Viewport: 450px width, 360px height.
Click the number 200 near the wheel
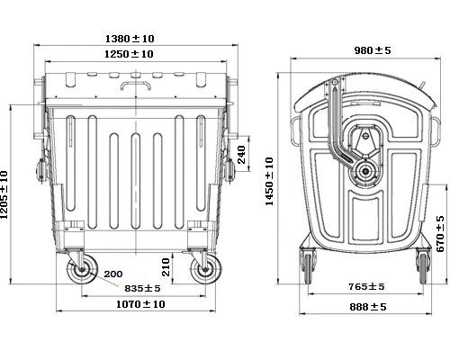pyautogui.click(x=113, y=274)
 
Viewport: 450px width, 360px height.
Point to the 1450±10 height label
pyautogui.click(x=270, y=180)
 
